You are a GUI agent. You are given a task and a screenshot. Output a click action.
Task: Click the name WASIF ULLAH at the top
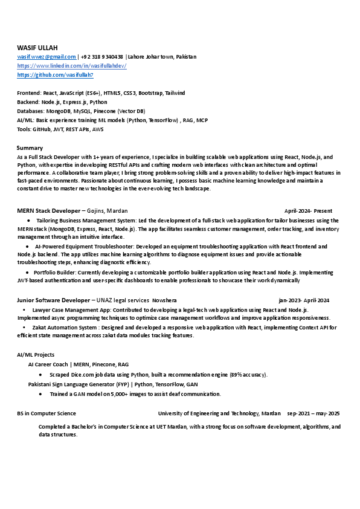coord(37,47)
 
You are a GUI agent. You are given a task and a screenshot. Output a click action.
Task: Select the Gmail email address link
coord(47,57)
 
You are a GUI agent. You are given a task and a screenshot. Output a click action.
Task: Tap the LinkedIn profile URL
coord(71,65)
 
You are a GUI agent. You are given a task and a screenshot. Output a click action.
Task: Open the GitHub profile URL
coord(55,74)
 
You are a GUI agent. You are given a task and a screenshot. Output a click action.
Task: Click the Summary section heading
coord(30,148)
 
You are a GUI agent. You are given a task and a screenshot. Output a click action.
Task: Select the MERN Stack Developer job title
coord(48,211)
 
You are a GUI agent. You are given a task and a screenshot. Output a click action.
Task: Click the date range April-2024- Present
coord(308,211)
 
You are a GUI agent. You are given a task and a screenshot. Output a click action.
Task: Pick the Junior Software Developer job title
coord(53,300)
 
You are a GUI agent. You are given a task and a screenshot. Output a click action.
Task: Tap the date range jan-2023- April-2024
coord(304,300)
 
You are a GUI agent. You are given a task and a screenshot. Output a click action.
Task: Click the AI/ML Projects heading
coord(36,355)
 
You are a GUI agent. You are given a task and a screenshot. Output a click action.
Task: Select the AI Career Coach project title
coord(48,365)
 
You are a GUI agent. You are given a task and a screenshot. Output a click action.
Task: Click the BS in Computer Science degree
coord(47,413)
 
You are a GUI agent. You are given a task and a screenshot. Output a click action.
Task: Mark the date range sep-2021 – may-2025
coord(313,413)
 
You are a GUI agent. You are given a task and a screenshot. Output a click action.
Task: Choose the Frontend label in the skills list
coord(28,93)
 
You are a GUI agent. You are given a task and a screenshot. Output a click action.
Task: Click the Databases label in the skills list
coord(30,111)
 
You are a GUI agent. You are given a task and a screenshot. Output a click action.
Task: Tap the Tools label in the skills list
coord(24,129)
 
